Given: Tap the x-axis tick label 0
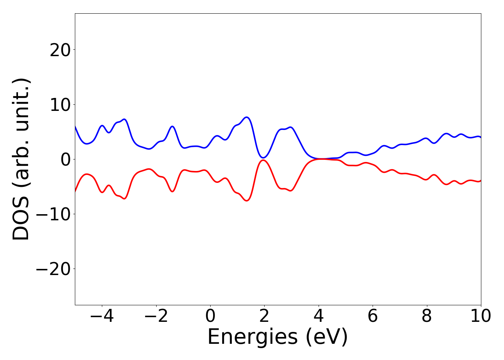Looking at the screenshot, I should click(x=210, y=316).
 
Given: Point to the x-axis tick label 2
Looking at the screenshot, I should click(x=264, y=316).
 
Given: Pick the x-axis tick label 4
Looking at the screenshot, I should click(x=318, y=316).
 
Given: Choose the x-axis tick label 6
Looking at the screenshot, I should click(x=373, y=316).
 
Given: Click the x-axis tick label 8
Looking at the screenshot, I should click(x=427, y=316).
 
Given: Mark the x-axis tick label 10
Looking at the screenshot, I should click(x=480, y=316).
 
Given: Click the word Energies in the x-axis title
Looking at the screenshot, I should click(x=252, y=337).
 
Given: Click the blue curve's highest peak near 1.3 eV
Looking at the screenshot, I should click(x=247, y=117).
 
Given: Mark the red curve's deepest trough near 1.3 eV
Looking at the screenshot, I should click(x=247, y=201).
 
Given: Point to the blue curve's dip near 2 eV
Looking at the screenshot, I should click(x=264, y=158).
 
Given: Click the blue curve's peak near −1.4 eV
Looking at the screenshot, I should click(x=172, y=126).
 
